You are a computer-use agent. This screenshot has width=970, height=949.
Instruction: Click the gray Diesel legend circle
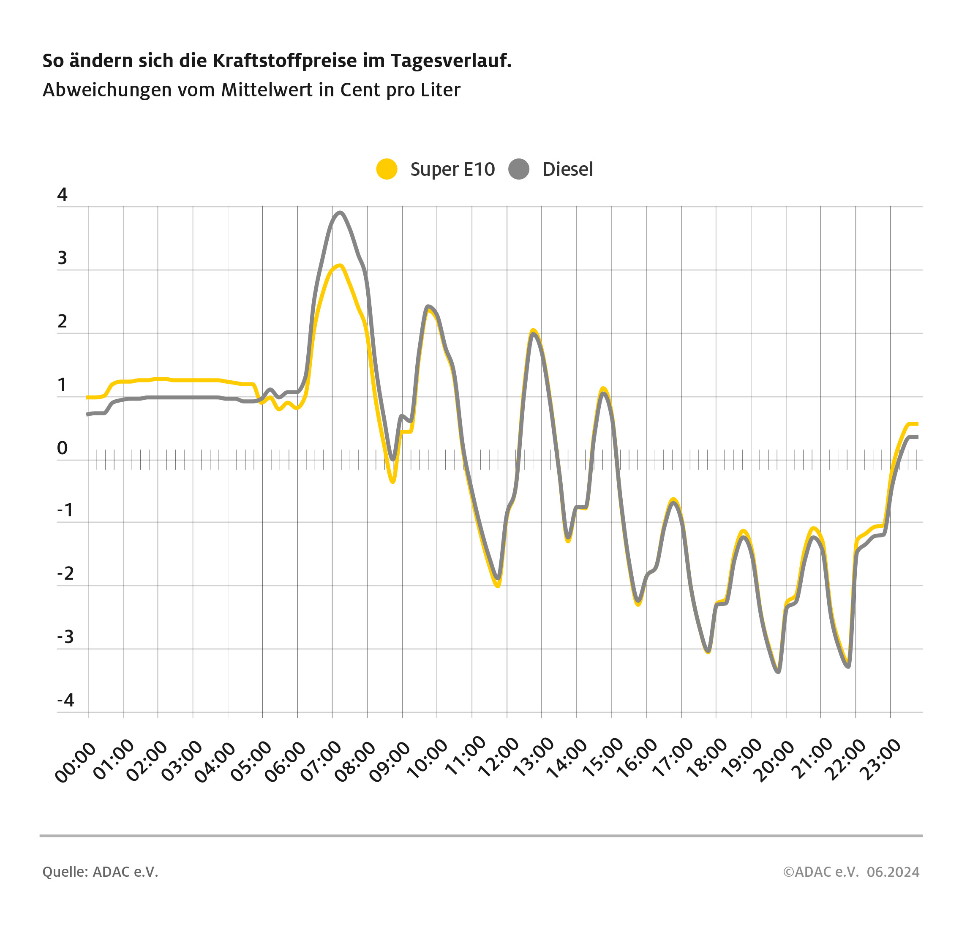click(x=518, y=169)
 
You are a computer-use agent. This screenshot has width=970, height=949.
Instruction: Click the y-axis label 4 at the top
click(x=62, y=194)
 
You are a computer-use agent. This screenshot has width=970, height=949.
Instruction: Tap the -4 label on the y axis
click(x=65, y=700)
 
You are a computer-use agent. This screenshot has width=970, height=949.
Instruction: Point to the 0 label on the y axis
click(x=62, y=448)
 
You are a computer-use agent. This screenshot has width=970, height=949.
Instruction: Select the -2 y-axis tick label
click(x=65, y=574)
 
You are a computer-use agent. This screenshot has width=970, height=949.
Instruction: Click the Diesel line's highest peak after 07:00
click(x=340, y=213)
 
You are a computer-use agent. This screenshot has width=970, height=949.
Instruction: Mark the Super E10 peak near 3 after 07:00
click(x=339, y=265)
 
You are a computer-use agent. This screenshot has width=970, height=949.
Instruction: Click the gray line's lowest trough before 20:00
click(x=778, y=672)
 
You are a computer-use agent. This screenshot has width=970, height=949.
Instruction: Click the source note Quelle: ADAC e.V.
click(x=100, y=872)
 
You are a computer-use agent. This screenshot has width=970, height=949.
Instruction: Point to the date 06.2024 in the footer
click(x=893, y=872)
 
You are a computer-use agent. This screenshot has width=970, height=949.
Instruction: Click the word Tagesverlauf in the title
click(x=451, y=61)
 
